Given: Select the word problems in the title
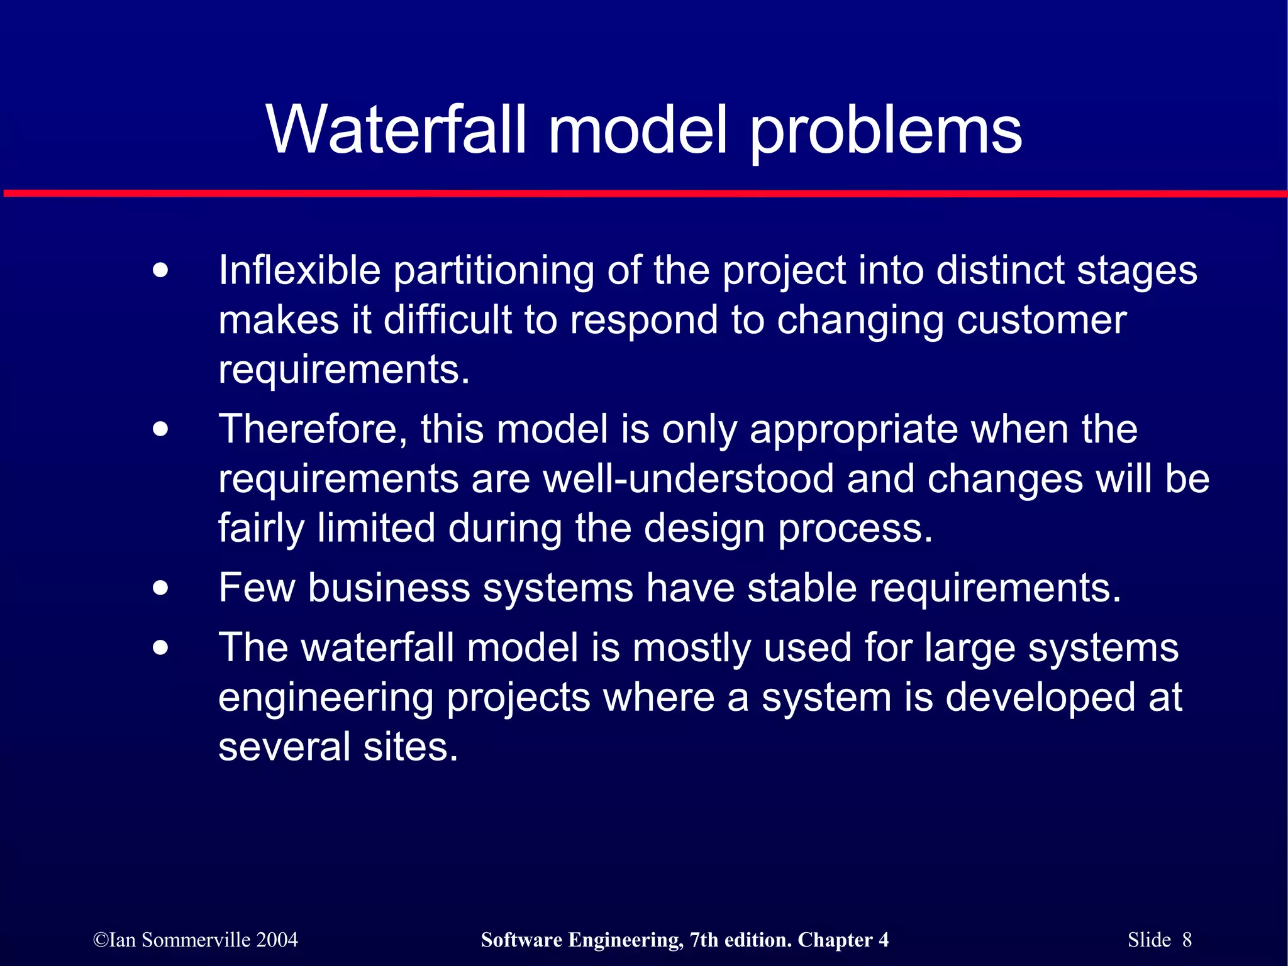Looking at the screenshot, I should (886, 132).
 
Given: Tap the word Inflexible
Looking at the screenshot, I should (299, 271).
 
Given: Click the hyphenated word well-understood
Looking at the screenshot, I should (689, 479).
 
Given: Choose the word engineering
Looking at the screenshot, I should (326, 699).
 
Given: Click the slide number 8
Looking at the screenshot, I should (1187, 940).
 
